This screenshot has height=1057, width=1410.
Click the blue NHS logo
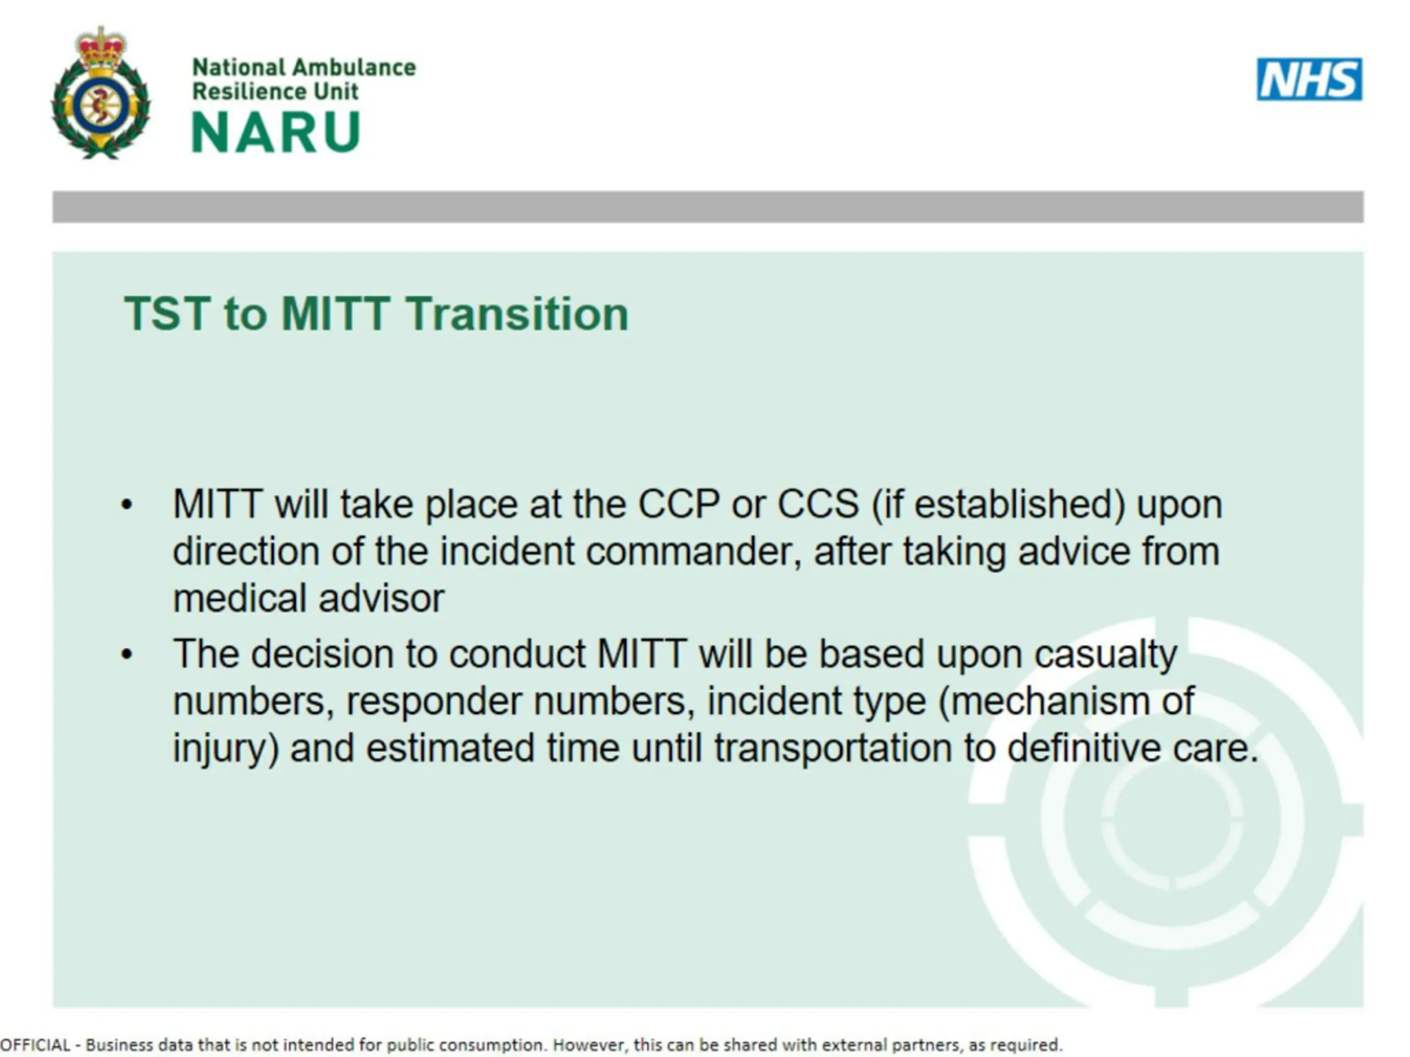click(x=1309, y=79)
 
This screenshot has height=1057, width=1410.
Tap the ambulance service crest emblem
click(x=101, y=93)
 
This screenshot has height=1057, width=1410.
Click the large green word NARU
click(x=276, y=132)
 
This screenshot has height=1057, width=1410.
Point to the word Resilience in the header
click(x=248, y=91)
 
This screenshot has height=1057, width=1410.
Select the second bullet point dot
click(x=127, y=655)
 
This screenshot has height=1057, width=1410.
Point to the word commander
click(x=693, y=551)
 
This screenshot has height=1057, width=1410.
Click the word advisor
click(x=381, y=598)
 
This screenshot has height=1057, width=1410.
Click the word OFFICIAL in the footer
click(x=35, y=1045)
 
